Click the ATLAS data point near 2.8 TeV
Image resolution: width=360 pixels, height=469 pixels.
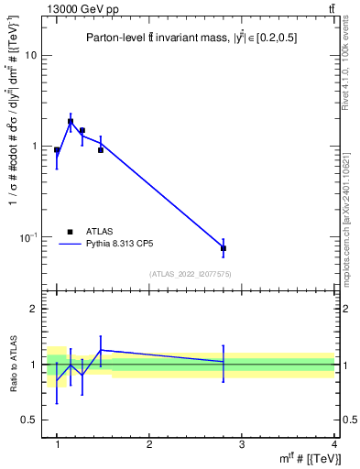[224, 248]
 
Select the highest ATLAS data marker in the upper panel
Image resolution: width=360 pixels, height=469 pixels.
[71, 121]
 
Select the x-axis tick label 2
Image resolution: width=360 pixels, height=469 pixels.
[149, 444]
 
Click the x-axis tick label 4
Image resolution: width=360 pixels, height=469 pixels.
[334, 444]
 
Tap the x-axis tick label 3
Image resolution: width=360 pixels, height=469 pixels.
[242, 444]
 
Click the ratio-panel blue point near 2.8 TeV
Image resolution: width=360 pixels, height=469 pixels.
[224, 362]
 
